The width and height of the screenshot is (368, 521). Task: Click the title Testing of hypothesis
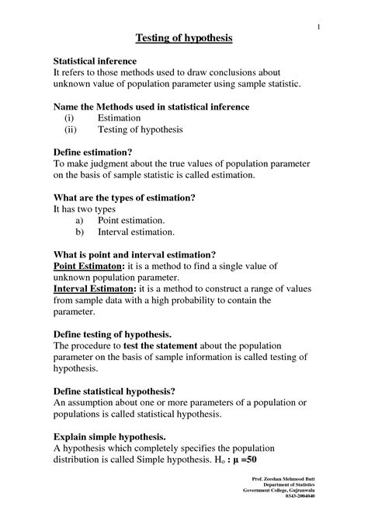(x=184, y=37)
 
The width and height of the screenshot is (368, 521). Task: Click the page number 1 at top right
(x=318, y=28)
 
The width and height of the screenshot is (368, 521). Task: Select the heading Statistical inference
(x=95, y=61)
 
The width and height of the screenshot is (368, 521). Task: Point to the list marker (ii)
(x=71, y=130)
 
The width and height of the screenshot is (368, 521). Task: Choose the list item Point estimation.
(x=130, y=221)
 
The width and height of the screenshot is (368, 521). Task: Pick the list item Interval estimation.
(x=136, y=232)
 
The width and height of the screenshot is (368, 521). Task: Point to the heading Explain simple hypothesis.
(x=109, y=436)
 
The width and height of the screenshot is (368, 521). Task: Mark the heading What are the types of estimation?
(x=123, y=198)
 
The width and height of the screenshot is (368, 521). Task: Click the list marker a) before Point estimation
(x=79, y=221)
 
